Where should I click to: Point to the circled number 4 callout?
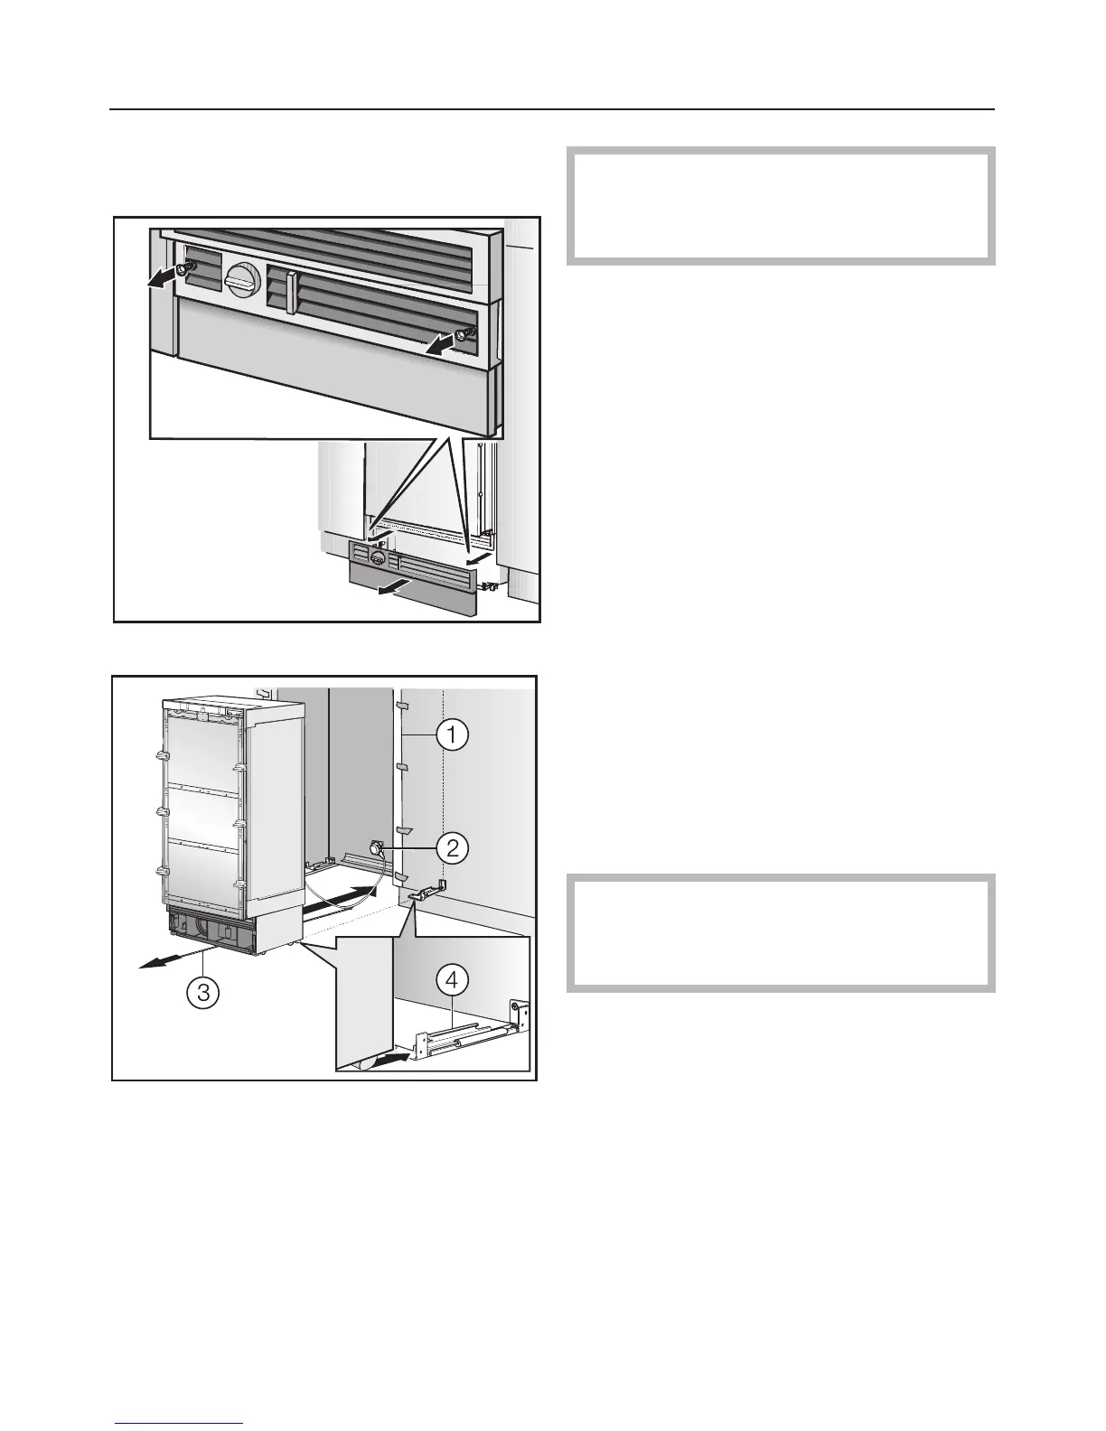(x=452, y=977)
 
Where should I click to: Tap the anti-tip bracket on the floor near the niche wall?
(x=422, y=893)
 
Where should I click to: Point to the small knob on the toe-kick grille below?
(x=379, y=557)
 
